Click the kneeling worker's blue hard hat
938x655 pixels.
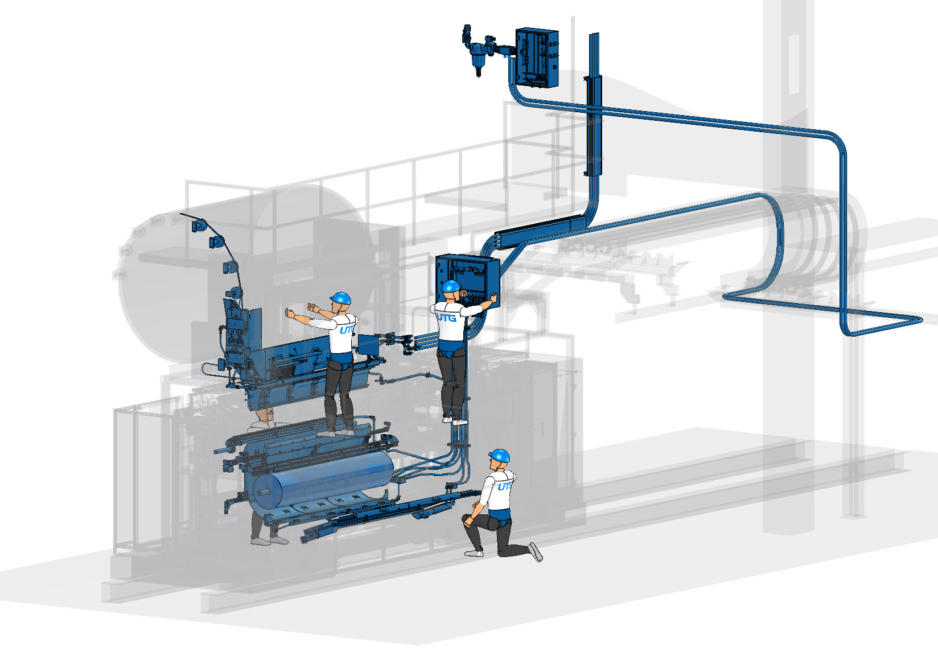tap(499, 456)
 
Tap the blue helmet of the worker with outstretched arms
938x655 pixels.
tap(340, 298)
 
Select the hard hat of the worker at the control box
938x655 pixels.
tap(451, 286)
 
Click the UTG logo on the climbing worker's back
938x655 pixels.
tap(446, 317)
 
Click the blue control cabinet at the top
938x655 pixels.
tap(537, 58)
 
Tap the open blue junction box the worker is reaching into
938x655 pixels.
tap(468, 280)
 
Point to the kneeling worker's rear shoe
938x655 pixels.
tap(535, 551)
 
